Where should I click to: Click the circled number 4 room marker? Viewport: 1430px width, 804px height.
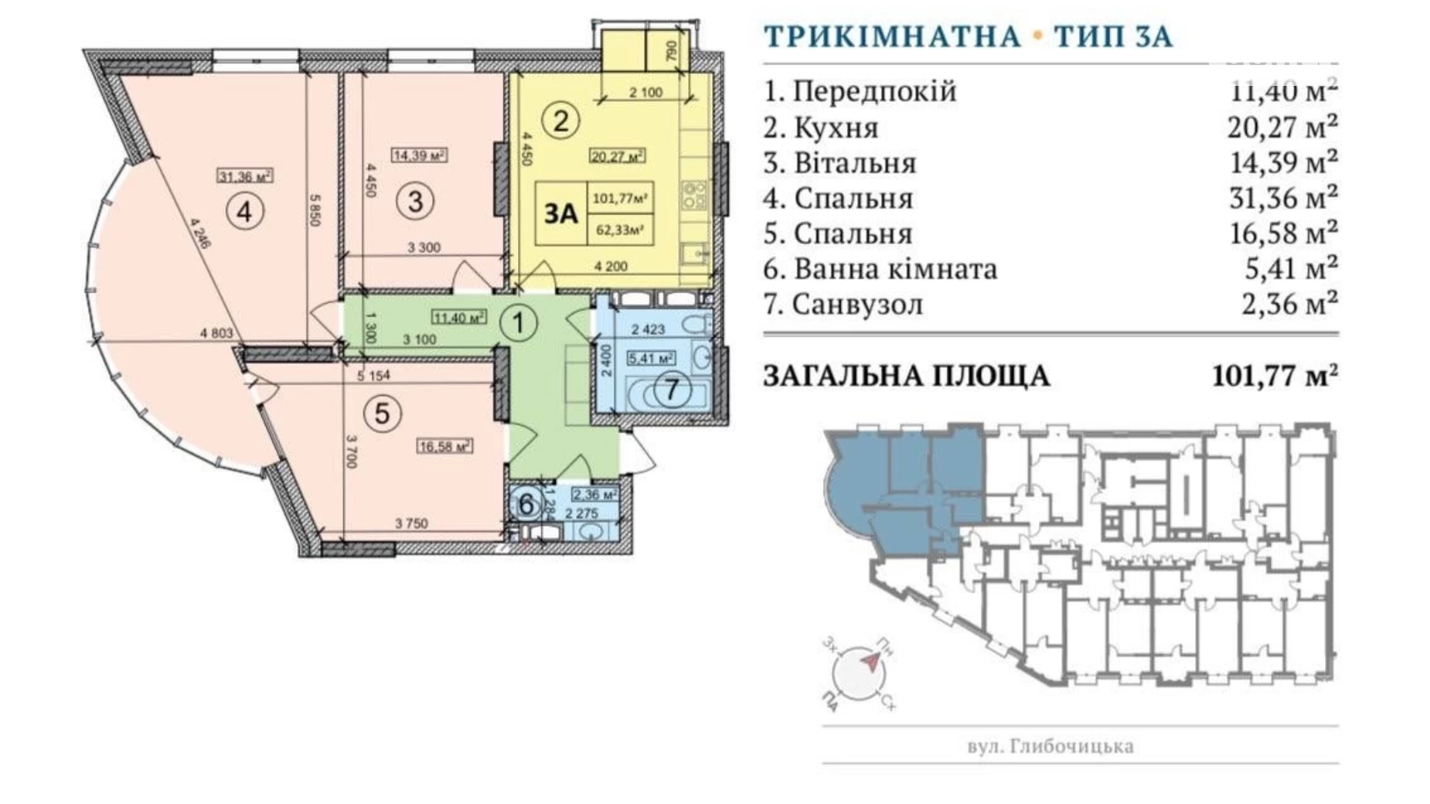click(x=245, y=210)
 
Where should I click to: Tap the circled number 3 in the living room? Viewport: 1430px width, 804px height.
click(x=415, y=201)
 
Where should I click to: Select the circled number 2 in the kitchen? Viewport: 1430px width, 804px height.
click(x=560, y=121)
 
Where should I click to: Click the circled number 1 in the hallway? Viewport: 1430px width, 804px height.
click(x=518, y=322)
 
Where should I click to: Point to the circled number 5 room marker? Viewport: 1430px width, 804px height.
click(x=382, y=414)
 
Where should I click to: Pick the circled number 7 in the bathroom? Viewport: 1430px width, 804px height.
click(x=671, y=389)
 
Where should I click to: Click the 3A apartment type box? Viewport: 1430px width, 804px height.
click(x=561, y=213)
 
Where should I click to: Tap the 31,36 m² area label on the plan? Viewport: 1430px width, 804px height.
click(x=245, y=176)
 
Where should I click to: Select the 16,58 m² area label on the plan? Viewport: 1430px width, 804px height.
click(x=445, y=446)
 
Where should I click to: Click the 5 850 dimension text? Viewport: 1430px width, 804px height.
click(x=313, y=209)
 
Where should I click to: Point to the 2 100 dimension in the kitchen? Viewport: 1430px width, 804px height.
click(x=645, y=93)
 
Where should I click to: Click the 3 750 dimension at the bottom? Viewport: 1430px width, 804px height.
click(x=411, y=523)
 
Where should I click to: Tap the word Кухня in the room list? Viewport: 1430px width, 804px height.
click(x=836, y=128)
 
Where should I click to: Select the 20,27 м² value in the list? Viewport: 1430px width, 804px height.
click(x=1282, y=126)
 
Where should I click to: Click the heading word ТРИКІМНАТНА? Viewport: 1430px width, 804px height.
click(x=892, y=36)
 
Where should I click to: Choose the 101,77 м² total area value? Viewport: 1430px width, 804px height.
click(x=1275, y=376)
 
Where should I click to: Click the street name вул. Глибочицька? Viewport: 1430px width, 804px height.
click(x=1050, y=746)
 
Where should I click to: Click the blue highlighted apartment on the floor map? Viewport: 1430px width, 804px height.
click(x=904, y=487)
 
